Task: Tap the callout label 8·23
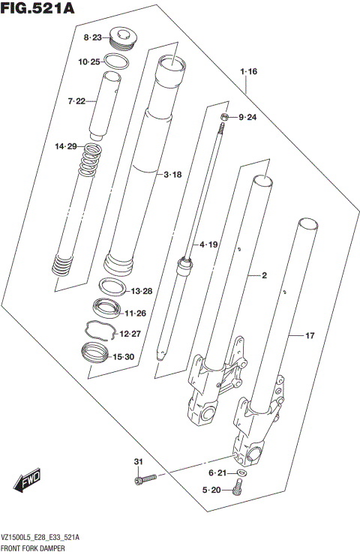click(94, 37)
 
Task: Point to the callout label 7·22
click(78, 101)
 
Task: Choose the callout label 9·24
click(247, 118)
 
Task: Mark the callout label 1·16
click(248, 72)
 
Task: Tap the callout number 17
click(309, 337)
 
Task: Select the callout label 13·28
click(142, 291)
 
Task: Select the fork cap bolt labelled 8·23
click(122, 37)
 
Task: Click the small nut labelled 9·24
click(224, 117)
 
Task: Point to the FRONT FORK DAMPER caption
click(36, 550)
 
